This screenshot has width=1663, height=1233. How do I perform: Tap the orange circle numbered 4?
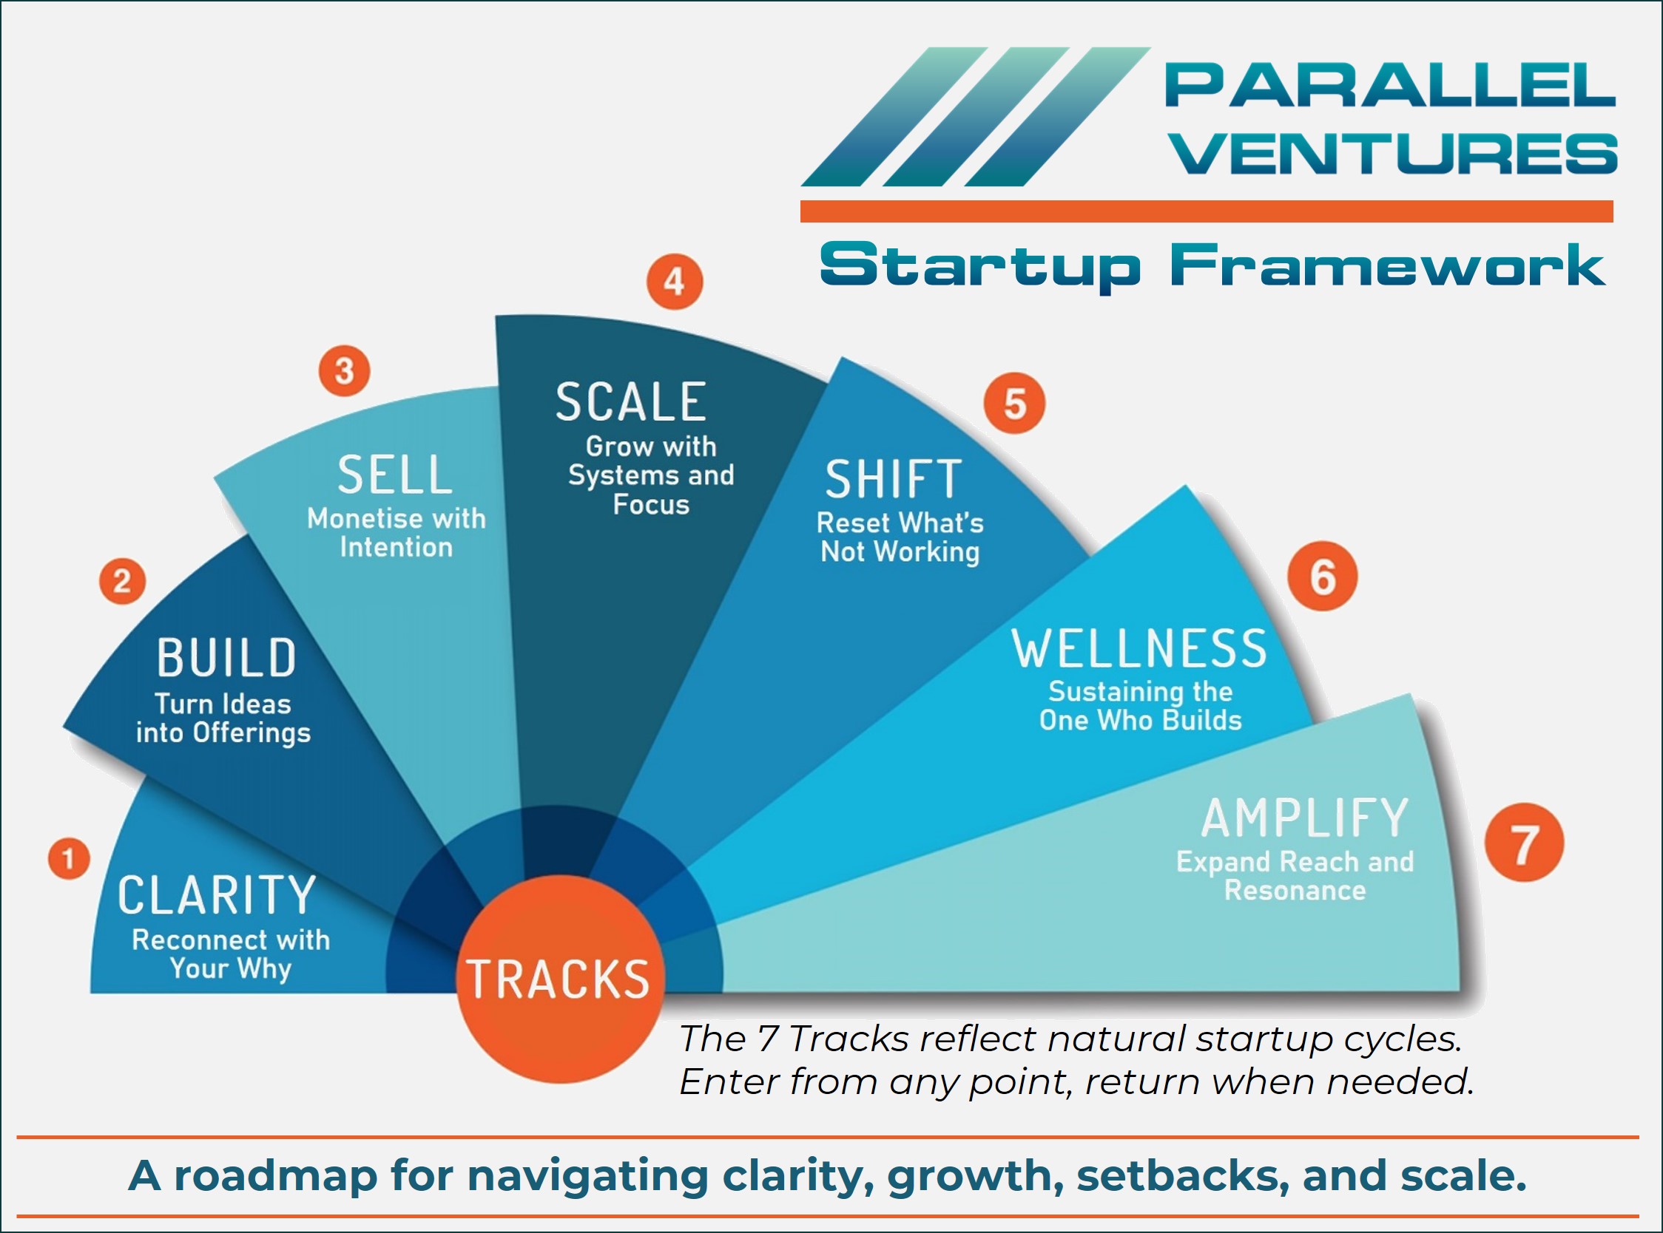tap(675, 282)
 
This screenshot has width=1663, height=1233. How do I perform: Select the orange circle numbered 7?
tap(1523, 843)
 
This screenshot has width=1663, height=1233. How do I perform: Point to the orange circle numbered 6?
tap(1322, 576)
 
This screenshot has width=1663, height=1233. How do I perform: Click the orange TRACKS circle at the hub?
tap(559, 979)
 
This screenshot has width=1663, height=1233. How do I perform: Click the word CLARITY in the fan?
tap(217, 895)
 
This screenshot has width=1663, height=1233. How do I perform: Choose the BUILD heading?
tap(226, 658)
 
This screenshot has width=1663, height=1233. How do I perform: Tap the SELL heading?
tap(394, 475)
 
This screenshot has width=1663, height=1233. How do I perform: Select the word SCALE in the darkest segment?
tap(630, 401)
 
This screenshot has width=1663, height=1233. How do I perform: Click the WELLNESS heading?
tap(1139, 648)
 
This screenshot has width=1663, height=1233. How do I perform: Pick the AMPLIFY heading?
tap(1303, 818)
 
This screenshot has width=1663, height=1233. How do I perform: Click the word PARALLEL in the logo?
tap(1390, 85)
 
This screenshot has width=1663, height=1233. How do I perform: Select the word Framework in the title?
tap(1388, 265)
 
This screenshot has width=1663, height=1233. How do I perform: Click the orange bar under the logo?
tap(1207, 211)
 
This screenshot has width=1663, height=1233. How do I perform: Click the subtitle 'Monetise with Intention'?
tap(396, 532)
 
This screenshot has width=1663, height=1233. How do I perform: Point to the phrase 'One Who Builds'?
tap(1139, 720)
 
